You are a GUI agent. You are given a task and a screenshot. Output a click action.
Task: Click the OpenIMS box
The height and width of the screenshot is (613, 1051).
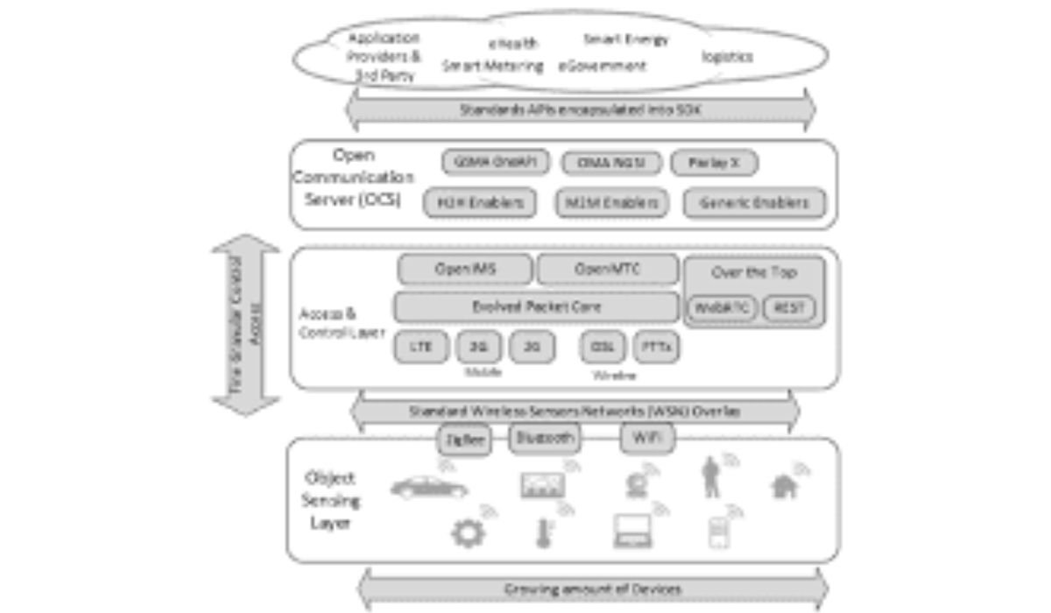[465, 270]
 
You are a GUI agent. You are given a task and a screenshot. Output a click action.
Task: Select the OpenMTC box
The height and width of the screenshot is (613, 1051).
[607, 270]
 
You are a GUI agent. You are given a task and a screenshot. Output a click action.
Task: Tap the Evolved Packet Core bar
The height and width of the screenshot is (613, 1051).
[536, 307]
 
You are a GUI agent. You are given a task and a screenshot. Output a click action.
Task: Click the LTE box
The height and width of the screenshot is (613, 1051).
[421, 346]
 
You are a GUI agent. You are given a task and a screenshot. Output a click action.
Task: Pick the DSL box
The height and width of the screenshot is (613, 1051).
[602, 346]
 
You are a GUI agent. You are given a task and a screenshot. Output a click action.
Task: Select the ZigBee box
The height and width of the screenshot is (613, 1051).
[463, 439]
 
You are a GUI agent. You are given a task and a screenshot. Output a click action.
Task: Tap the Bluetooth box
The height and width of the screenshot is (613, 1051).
[545, 438]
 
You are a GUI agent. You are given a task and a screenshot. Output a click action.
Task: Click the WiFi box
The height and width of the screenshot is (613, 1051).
[647, 438]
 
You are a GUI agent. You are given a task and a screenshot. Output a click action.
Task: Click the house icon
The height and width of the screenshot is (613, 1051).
[785, 484]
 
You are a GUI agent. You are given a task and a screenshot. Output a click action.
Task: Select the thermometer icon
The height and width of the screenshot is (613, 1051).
[543, 532]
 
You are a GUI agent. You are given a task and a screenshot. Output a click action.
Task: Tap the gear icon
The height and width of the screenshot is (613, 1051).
[468, 532]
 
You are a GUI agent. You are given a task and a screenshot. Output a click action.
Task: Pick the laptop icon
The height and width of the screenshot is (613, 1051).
[632, 531]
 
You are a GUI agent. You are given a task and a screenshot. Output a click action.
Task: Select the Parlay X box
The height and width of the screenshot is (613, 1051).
[714, 163]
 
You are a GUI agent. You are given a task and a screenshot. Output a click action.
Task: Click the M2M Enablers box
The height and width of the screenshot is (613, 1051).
[611, 203]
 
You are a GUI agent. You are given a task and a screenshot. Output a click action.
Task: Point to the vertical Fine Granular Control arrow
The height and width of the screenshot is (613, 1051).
[246, 324]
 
